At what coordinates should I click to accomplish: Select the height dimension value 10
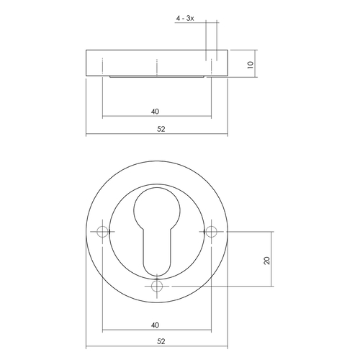coord(250,64)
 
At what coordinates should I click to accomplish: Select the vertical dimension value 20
coord(267,260)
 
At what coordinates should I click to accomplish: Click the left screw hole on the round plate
coord(103,232)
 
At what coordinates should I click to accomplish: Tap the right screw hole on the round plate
coord(212,232)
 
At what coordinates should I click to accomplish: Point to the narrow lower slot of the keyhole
coord(158,256)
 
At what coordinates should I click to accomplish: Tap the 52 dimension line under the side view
coord(115,135)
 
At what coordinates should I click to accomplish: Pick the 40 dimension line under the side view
coord(130,117)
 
